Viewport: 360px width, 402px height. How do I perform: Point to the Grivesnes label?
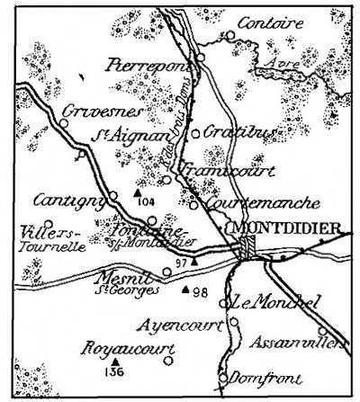pyautogui.click(x=91, y=112)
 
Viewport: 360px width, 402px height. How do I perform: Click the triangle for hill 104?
pyautogui.click(x=136, y=192)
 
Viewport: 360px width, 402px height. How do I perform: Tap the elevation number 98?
pyautogui.click(x=200, y=292)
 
